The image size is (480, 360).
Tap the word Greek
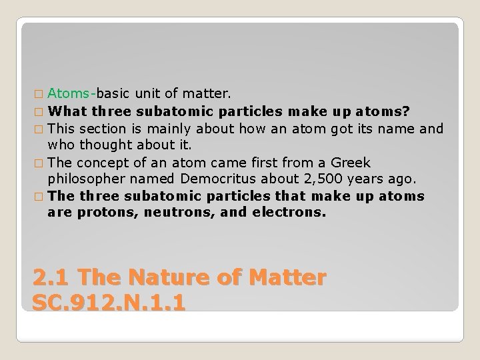tap(352, 163)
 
